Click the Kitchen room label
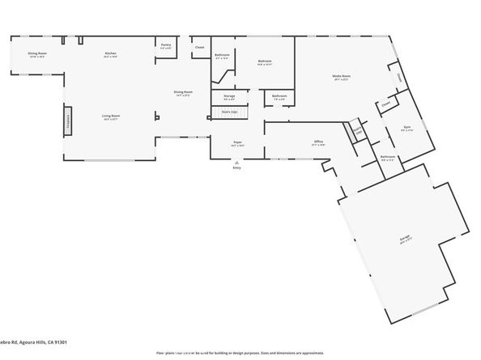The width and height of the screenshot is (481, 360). (110, 53)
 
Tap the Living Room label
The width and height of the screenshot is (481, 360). (110, 117)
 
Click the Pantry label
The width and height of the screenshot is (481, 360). (165, 45)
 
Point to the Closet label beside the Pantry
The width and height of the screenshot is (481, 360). (199, 48)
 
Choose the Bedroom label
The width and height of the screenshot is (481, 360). (265, 61)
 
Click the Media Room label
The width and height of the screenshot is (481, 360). (340, 77)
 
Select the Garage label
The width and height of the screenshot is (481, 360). (402, 239)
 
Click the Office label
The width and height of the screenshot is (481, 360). (319, 142)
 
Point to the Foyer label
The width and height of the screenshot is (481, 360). (238, 142)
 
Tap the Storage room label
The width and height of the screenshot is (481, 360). (229, 96)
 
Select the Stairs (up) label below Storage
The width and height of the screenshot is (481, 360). (229, 111)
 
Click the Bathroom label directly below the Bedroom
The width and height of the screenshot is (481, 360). (279, 96)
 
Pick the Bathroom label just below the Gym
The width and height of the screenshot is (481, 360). (388, 157)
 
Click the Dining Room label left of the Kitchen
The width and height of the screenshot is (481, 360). (38, 53)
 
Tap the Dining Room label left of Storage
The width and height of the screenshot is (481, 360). (183, 92)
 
